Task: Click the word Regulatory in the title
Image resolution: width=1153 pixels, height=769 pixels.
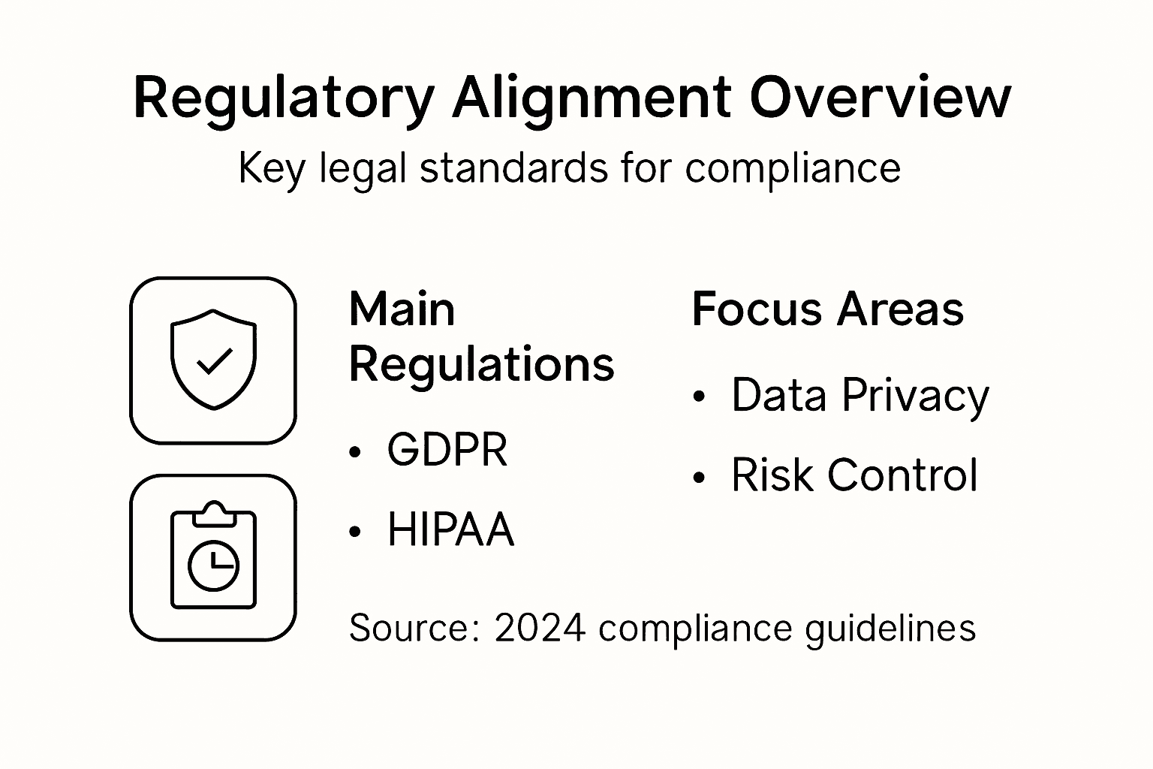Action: (283, 98)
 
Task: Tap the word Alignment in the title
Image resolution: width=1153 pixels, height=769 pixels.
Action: (591, 98)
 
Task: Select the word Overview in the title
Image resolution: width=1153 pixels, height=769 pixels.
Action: (881, 98)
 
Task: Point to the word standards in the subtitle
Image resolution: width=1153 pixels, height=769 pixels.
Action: (514, 167)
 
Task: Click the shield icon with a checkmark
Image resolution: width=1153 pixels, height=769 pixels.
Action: (213, 360)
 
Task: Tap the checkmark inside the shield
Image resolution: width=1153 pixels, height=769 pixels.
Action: (214, 362)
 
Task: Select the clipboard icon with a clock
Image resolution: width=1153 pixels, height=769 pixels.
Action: (213, 557)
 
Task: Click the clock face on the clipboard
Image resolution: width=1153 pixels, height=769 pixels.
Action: (213, 565)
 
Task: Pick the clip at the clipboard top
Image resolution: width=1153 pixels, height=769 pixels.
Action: (214, 514)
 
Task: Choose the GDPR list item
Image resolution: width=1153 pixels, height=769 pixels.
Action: (447, 451)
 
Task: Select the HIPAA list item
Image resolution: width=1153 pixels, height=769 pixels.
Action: (450, 530)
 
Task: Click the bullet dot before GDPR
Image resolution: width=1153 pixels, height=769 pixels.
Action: (355, 451)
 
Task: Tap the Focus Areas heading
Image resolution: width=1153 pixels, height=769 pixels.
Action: (827, 309)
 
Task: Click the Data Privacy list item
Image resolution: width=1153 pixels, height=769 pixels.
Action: (859, 396)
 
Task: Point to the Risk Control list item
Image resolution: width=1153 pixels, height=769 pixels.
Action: (854, 475)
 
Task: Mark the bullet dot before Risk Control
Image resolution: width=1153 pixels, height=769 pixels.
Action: (700, 476)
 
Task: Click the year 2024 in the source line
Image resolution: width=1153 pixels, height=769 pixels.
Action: (540, 628)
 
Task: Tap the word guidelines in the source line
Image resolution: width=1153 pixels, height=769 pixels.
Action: (890, 628)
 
